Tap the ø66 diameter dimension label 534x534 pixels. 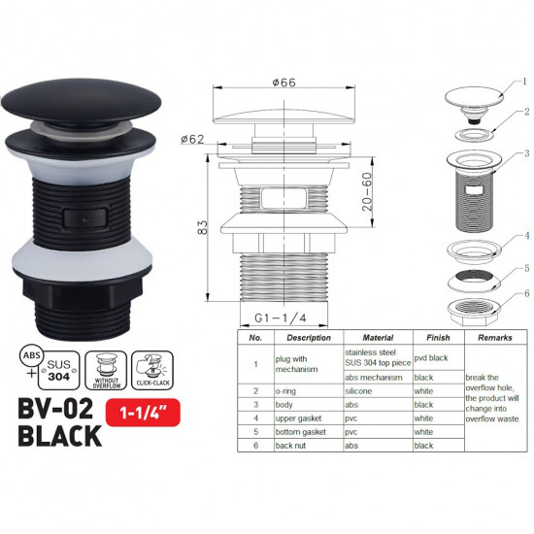point(284,83)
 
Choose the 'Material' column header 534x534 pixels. point(378,339)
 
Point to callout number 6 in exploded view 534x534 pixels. point(526,292)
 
